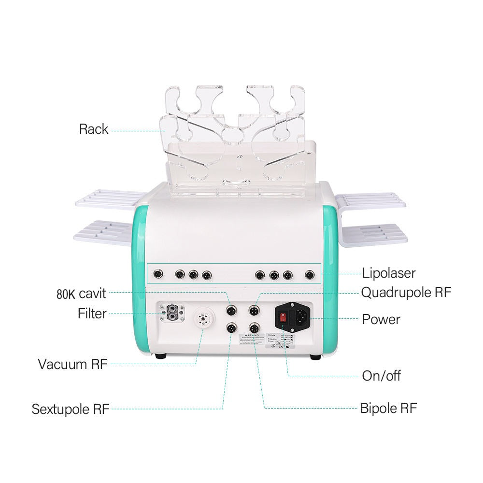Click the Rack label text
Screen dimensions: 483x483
(94, 129)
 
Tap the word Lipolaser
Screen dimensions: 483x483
(389, 273)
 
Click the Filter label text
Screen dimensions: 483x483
(92, 313)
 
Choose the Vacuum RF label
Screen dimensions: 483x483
(72, 364)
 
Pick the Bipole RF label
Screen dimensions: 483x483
(388, 408)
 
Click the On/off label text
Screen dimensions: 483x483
(381, 376)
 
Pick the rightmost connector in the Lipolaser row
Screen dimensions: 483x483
(309, 275)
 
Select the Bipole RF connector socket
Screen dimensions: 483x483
(254, 328)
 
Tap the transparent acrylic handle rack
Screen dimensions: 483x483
(237, 140)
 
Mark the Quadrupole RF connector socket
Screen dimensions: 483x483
(254, 310)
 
